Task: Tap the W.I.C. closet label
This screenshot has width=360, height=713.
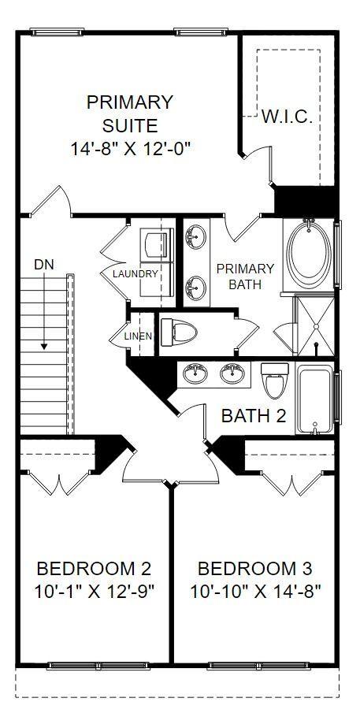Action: click(287, 117)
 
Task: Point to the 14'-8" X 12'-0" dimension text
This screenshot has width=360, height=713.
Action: click(130, 149)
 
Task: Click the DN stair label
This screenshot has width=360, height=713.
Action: click(44, 265)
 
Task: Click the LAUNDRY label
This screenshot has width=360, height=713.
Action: click(135, 273)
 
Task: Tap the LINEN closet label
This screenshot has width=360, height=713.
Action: click(138, 336)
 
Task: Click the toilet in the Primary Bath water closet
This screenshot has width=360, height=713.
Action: click(179, 332)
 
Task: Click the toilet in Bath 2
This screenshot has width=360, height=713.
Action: click(275, 381)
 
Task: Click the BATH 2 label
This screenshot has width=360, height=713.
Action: click(254, 415)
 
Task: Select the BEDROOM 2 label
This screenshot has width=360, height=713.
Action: click(94, 568)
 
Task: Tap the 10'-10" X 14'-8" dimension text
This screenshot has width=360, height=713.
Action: click(255, 592)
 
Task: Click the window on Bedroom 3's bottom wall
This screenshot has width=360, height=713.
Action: click(258, 666)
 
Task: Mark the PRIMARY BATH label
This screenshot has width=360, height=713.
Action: click(245, 277)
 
